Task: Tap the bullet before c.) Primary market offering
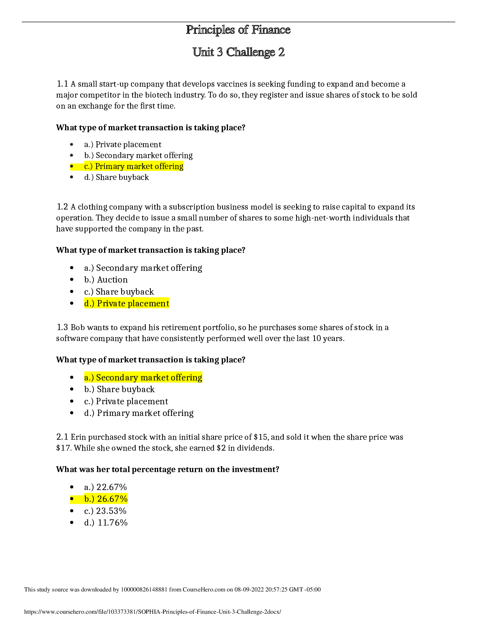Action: (72, 166)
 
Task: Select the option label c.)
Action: (88, 167)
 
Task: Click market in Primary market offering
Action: (140, 167)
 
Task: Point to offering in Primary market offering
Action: (169, 167)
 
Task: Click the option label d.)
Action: (89, 304)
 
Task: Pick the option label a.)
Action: (89, 378)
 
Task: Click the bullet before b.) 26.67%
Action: (72, 499)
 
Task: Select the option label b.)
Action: (89, 499)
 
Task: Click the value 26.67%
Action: (112, 499)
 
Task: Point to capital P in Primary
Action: (97, 167)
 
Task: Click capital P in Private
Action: (99, 304)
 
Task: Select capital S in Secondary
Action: (99, 378)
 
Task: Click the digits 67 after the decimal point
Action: (115, 499)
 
